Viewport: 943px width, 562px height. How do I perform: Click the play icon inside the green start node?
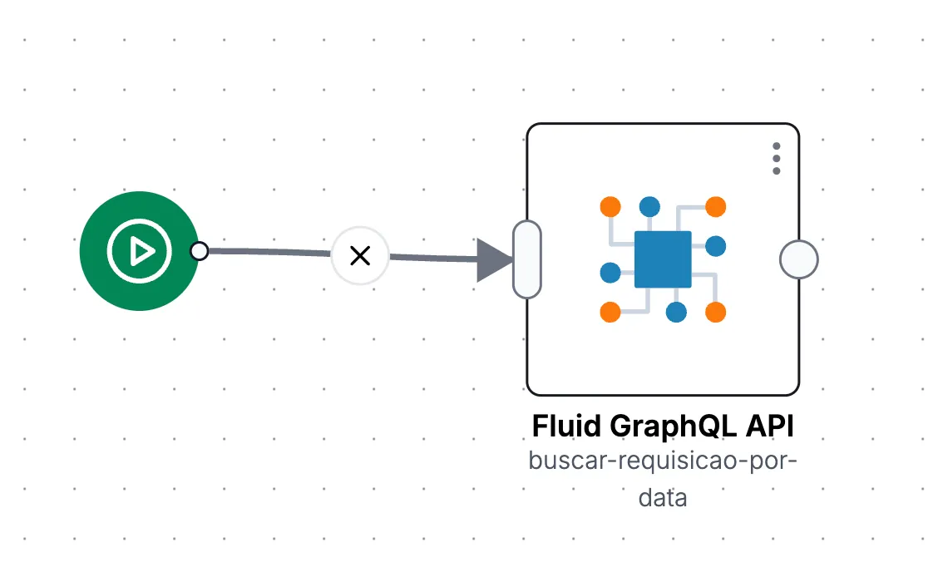pyautogui.click(x=140, y=250)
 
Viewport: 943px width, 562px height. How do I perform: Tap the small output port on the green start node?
pyautogui.click(x=199, y=250)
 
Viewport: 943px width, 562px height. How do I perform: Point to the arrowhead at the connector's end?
pyautogui.click(x=495, y=259)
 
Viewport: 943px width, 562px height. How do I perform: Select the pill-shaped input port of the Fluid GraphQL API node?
pyautogui.click(x=527, y=259)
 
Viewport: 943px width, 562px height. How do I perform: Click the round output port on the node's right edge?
pyautogui.click(x=798, y=259)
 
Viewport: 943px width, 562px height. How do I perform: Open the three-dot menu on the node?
pyautogui.click(x=777, y=159)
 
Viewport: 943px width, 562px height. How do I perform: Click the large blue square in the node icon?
pyautogui.click(x=663, y=259)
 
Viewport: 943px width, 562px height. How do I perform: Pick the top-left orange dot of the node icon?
pyautogui.click(x=610, y=207)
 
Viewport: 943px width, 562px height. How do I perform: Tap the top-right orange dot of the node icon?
pyautogui.click(x=716, y=207)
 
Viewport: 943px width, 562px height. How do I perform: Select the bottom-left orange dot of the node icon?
pyautogui.click(x=610, y=312)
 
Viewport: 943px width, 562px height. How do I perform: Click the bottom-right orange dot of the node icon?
pyautogui.click(x=716, y=312)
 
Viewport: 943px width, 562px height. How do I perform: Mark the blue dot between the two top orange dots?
pyautogui.click(x=649, y=207)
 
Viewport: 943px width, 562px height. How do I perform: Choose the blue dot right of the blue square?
pyautogui.click(x=716, y=246)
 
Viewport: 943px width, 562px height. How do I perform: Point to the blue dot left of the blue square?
pyautogui.click(x=610, y=273)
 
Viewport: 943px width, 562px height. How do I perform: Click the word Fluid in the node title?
pyautogui.click(x=566, y=426)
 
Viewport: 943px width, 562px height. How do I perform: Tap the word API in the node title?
pyautogui.click(x=770, y=426)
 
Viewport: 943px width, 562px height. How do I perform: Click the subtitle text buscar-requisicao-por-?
pyautogui.click(x=663, y=461)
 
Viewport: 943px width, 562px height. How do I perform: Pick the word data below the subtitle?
pyautogui.click(x=663, y=498)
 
